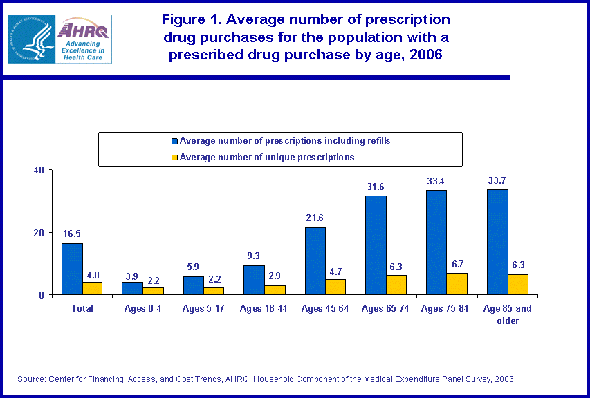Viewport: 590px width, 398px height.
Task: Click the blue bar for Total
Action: click(72, 269)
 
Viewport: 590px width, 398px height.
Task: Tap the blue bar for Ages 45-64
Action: click(315, 261)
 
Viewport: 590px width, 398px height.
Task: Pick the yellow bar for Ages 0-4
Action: click(154, 291)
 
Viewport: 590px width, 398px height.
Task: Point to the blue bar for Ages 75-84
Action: click(436, 243)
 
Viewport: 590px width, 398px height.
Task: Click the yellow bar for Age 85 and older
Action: click(518, 285)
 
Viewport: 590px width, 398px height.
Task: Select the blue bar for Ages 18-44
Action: click(254, 280)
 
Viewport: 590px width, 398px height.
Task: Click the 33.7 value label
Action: click(497, 181)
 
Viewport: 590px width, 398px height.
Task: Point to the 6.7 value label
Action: click(458, 265)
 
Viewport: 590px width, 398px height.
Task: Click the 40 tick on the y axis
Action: click(39, 170)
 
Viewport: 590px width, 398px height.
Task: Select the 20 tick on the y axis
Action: click(39, 233)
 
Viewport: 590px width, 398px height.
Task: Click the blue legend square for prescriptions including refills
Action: click(174, 141)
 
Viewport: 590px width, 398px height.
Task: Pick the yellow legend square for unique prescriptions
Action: click(174, 158)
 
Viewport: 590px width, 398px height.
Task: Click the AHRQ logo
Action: click(82, 38)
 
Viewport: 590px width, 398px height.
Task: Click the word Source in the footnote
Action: click(32, 379)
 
